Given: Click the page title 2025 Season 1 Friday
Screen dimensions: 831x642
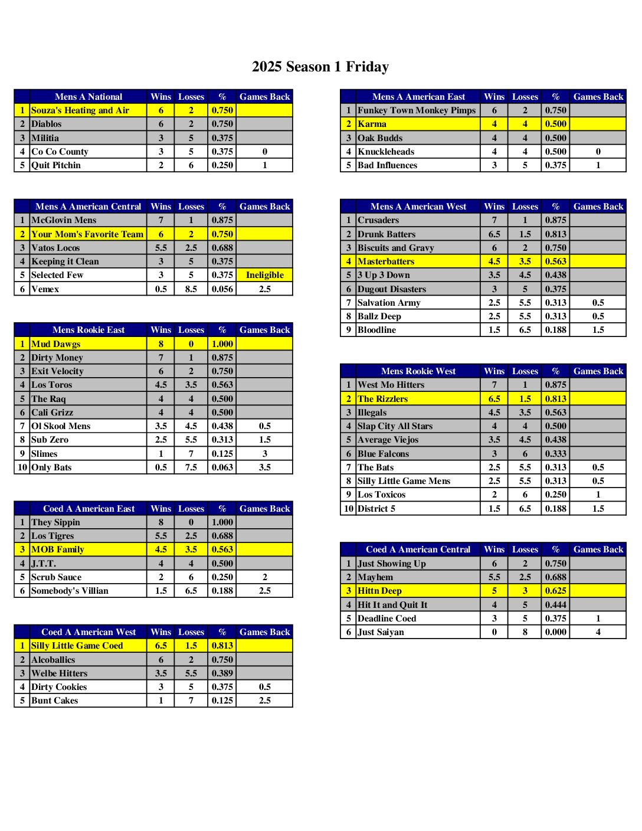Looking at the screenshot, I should point(320,67).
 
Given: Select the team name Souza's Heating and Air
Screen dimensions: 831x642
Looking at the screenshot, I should point(80,110).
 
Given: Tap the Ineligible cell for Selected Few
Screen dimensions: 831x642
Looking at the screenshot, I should point(264,275).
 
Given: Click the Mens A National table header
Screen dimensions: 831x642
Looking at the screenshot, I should point(89,97).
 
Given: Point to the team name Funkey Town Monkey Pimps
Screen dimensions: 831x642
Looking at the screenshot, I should point(417,110).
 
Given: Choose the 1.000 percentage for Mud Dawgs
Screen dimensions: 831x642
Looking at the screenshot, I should point(222,344).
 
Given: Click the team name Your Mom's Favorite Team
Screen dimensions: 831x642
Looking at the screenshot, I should point(87,234).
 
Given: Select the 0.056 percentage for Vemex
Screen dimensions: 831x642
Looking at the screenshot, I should point(222,289).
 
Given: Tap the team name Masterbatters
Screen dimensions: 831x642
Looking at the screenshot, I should point(386,261).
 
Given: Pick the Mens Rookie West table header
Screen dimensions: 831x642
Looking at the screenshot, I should point(418,371).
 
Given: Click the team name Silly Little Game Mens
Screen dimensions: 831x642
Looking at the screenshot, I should point(404,481).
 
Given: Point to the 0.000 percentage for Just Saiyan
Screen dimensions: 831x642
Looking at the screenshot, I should point(556,632).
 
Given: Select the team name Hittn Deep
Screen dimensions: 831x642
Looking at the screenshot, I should point(379,591).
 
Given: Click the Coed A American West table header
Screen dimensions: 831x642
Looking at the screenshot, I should point(89,632).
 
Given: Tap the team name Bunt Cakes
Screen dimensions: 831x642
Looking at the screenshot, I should point(54,701).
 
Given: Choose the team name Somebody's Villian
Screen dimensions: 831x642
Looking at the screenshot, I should point(70,591).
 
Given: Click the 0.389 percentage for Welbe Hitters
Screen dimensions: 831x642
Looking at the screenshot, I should point(222,673).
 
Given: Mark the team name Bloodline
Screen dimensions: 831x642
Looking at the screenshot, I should point(376,330).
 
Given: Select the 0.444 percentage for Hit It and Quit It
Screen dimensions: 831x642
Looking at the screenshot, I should point(556,605).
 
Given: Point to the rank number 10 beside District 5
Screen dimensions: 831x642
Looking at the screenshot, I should point(349,509).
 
